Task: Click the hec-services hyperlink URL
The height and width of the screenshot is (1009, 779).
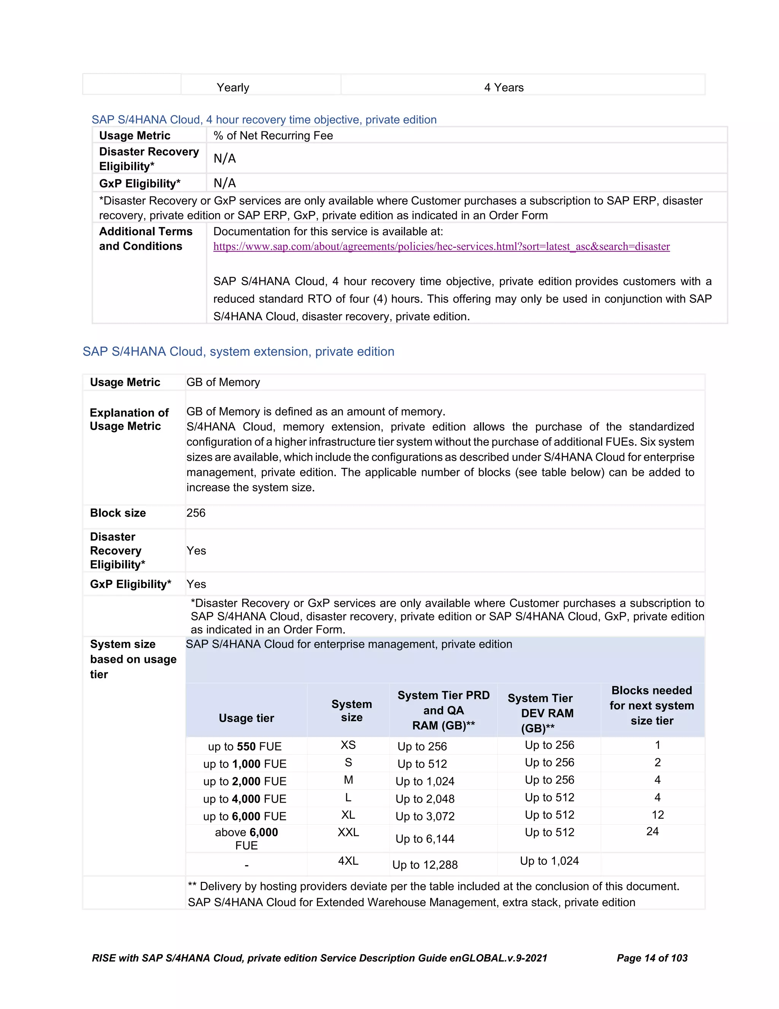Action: [441, 246]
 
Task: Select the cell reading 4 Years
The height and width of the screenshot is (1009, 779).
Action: [504, 87]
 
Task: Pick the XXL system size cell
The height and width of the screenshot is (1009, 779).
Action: [348, 832]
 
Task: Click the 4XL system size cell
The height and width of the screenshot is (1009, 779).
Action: [348, 861]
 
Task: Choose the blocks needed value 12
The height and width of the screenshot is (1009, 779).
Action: [657, 814]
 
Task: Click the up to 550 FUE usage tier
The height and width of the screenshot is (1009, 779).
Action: [245, 746]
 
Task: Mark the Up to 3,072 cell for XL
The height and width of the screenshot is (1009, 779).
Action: [424, 816]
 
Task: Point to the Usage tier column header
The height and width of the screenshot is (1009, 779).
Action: [246, 718]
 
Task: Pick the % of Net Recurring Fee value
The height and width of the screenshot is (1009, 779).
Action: [273, 136]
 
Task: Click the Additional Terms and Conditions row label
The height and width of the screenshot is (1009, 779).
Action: [145, 238]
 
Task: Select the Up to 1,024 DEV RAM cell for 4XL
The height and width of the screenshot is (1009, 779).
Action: [549, 861]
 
